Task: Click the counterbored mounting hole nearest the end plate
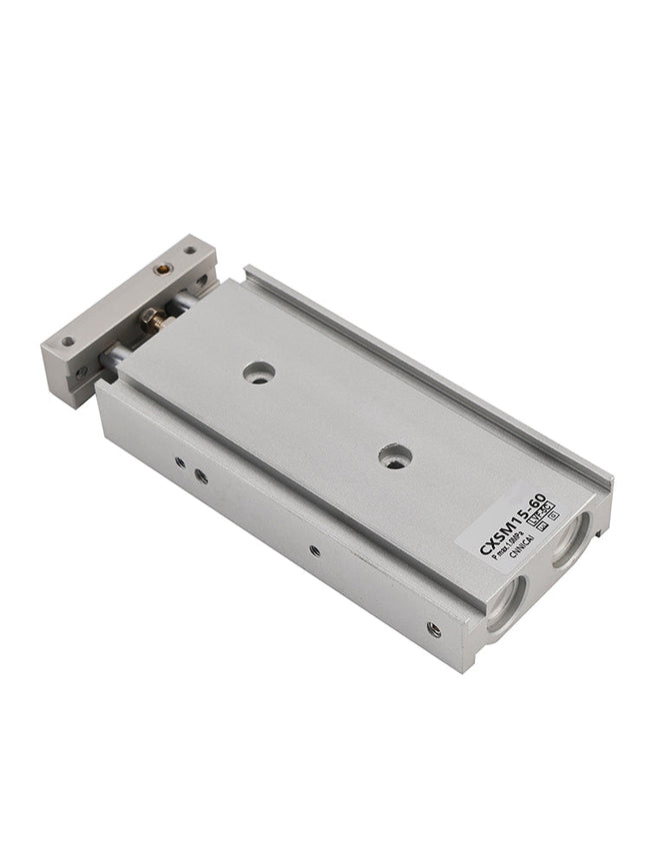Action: pyautogui.click(x=259, y=373)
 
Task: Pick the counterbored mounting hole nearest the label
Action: pyautogui.click(x=395, y=457)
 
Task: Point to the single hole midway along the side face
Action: pyautogui.click(x=315, y=549)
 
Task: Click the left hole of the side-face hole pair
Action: pyautogui.click(x=179, y=462)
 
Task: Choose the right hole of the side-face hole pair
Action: pyautogui.click(x=201, y=476)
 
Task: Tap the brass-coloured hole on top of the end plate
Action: pyautogui.click(x=162, y=268)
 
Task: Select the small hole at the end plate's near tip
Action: pyautogui.click(x=68, y=341)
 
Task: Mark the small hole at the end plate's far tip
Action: pyautogui.click(x=190, y=250)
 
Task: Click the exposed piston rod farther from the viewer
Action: pyautogui.click(x=180, y=303)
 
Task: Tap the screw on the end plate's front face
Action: pyautogui.click(x=82, y=372)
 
